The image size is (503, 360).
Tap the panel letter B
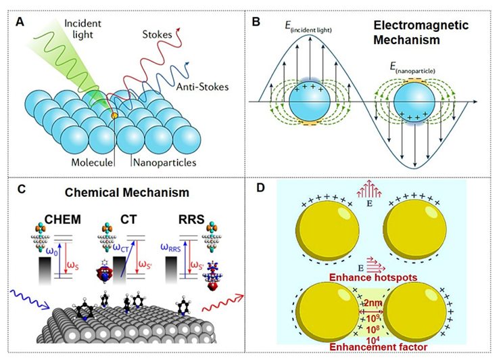point(256,22)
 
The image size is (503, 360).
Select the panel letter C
point(22,190)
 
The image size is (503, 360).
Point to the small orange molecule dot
point(114,117)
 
